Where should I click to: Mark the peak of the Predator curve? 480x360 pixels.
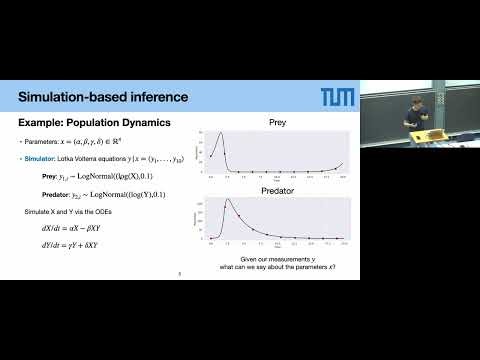point(227,200)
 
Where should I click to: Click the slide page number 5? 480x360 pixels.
point(177,272)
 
